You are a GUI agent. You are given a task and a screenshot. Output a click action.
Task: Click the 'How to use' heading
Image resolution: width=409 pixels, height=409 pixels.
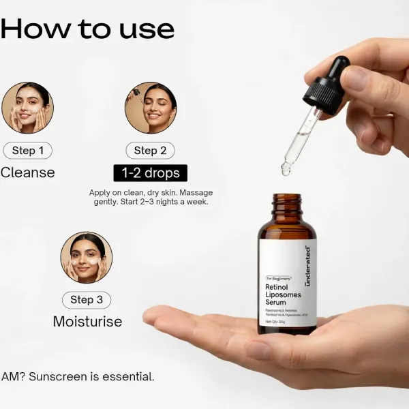pos(87,29)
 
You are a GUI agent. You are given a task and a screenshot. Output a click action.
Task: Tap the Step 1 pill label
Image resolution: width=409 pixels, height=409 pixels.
pos(27,151)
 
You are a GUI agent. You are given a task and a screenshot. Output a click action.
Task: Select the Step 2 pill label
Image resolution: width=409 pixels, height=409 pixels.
pos(150,151)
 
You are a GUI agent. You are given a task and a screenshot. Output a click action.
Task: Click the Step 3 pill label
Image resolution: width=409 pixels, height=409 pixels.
pos(86,299)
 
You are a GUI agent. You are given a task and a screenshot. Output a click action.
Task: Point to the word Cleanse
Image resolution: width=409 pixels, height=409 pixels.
pos(27,172)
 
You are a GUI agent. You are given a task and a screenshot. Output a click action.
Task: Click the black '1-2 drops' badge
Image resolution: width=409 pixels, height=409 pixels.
pos(149,172)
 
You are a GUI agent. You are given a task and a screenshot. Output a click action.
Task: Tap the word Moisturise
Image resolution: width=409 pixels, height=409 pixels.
pos(87,321)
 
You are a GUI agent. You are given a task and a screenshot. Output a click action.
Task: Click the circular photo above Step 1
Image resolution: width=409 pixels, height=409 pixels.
pos(27,108)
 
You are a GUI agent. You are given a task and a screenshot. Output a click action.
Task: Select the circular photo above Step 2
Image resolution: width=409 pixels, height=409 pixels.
pos(151,108)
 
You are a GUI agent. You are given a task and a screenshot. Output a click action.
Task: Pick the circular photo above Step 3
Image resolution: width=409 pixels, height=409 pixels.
pos(87,258)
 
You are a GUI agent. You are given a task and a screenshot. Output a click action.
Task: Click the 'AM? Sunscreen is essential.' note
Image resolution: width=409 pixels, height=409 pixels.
pos(78,376)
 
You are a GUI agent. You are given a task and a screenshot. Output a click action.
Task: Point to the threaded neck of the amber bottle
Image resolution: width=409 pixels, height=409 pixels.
pos(286,205)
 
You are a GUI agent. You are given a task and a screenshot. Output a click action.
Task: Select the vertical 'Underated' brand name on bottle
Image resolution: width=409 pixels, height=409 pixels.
pos(307,266)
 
